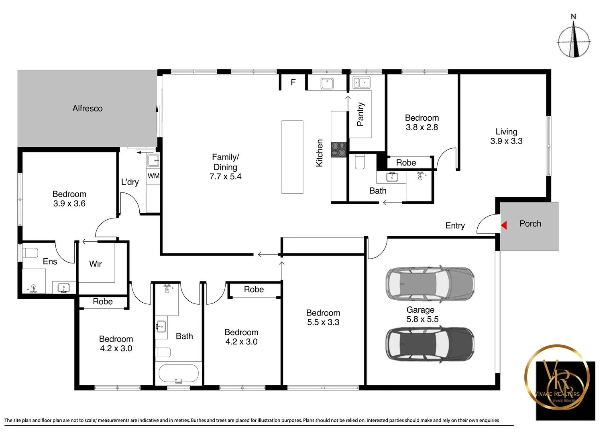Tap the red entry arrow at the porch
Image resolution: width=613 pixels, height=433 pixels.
point(504,226)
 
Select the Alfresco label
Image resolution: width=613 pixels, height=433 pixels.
point(88,108)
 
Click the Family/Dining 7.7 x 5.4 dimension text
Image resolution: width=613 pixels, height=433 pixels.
point(225,176)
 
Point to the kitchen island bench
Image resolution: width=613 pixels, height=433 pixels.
point(292,157)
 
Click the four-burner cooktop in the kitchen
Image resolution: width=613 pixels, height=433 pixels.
point(339,150)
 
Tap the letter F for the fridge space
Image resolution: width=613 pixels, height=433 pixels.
point(293,82)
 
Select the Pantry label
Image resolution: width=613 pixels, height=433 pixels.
point(360,114)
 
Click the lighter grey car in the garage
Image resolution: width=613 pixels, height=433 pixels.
point(430,283)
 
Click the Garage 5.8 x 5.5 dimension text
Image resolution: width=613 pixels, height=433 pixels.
point(422,319)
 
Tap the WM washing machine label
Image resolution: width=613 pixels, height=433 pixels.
point(153,176)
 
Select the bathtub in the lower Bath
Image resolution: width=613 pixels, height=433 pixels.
point(179,373)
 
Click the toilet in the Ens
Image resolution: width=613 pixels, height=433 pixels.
point(31,253)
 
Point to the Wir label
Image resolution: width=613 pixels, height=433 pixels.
point(96,264)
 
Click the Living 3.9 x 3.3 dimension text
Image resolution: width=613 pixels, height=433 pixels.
point(506,141)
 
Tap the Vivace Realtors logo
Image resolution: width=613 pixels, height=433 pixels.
point(565,383)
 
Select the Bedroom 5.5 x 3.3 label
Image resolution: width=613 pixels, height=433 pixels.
point(323,318)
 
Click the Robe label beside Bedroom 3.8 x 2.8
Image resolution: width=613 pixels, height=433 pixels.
point(406,162)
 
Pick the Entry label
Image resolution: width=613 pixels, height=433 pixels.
point(455,226)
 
